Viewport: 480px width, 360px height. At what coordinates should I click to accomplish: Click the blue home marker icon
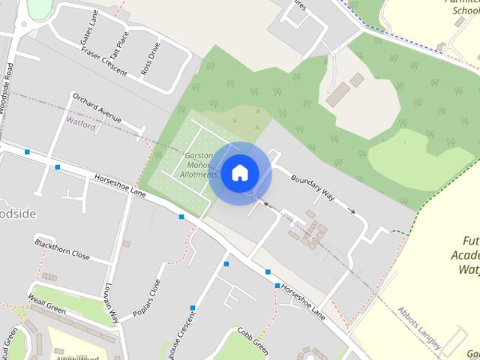[x=239, y=172]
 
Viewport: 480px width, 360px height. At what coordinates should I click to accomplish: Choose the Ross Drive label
[x=151, y=58]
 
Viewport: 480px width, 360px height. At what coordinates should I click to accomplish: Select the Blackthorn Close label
[x=62, y=250]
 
